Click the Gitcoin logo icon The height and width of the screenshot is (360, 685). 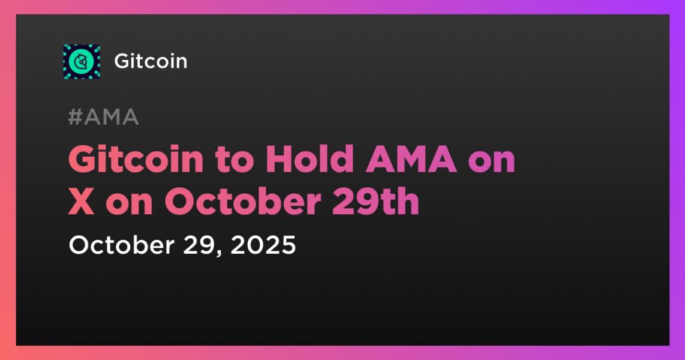pyautogui.click(x=82, y=61)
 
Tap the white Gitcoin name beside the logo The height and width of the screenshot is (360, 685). pyautogui.click(x=151, y=61)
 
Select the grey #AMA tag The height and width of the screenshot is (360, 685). pyautogui.click(x=103, y=118)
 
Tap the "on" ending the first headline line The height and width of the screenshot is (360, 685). pyautogui.click(x=493, y=160)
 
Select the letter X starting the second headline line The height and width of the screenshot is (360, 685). pyautogui.click(x=81, y=202)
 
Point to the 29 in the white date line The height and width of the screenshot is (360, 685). pyautogui.click(x=191, y=245)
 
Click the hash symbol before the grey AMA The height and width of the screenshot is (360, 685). pyautogui.click(x=75, y=118)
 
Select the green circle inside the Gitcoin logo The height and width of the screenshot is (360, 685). pyautogui.click(x=81, y=61)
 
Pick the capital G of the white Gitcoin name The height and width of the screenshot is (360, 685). pyautogui.click(x=121, y=61)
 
